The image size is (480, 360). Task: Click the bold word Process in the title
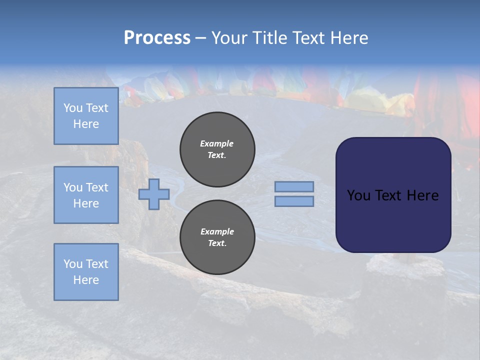click(157, 38)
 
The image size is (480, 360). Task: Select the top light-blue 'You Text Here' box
click(86, 116)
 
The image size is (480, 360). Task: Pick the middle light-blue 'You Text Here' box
click(86, 195)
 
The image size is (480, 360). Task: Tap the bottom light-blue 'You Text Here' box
click(86, 271)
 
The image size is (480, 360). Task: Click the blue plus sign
click(154, 194)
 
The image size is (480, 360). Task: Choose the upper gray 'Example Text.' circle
click(217, 149)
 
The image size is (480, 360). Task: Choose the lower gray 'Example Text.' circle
click(217, 237)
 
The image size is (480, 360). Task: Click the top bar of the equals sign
click(294, 186)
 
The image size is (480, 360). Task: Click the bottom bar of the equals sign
click(294, 201)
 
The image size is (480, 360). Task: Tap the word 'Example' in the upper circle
click(217, 143)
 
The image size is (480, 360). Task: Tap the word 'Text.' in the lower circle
click(217, 243)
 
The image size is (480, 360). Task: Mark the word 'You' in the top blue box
click(72, 108)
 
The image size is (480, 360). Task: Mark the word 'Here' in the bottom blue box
click(86, 280)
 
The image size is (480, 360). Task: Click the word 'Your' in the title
click(228, 38)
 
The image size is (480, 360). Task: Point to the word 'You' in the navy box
click(358, 195)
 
